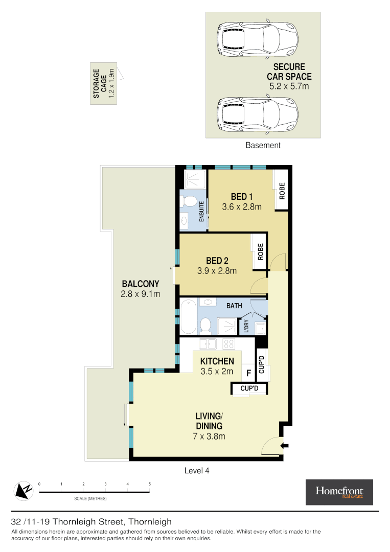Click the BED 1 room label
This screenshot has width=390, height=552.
(x=242, y=197)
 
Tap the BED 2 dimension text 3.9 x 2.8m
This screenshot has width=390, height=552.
(x=217, y=271)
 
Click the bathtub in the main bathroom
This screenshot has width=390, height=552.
(x=187, y=316)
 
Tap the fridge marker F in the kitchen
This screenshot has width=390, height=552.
(x=248, y=373)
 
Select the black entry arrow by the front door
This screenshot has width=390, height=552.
(x=285, y=446)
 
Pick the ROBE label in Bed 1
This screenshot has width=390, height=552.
(x=282, y=191)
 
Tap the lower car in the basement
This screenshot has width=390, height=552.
(x=257, y=112)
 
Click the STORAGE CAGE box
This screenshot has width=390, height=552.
(x=104, y=83)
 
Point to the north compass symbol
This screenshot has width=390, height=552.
(x=23, y=490)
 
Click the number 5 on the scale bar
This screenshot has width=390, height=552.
(x=149, y=484)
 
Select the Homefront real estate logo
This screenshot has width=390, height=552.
(x=339, y=492)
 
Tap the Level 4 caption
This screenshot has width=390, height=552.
(x=197, y=471)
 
